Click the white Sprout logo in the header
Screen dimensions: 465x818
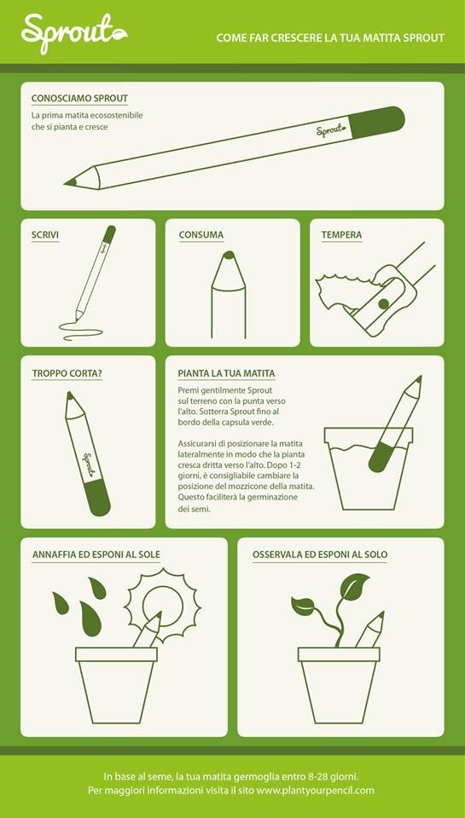click(74, 33)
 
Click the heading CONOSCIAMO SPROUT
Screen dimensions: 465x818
click(79, 99)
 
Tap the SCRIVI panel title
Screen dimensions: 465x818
click(45, 235)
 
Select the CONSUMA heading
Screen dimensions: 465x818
click(201, 235)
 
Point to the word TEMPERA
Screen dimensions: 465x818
click(341, 235)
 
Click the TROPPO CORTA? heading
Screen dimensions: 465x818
click(67, 373)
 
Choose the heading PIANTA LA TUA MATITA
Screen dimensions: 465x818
click(226, 373)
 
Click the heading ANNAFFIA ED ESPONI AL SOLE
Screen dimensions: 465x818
click(96, 555)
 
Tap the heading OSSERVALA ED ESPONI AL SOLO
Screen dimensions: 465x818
click(320, 555)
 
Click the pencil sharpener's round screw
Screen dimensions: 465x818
click(383, 303)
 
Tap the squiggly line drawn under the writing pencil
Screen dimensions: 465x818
click(81, 331)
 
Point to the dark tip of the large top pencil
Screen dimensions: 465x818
click(71, 182)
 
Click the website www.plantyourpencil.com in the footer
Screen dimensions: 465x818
click(316, 790)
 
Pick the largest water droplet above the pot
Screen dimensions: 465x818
click(91, 619)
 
